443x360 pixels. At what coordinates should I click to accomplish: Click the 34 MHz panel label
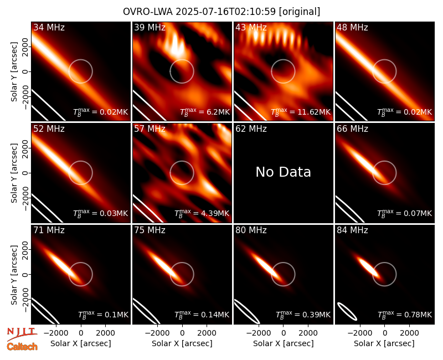[49, 27]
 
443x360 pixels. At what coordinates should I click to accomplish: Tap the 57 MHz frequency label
[150, 129]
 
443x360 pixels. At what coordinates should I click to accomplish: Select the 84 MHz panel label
[352, 230]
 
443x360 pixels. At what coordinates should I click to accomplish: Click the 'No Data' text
[284, 172]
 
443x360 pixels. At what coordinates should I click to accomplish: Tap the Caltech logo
[22, 347]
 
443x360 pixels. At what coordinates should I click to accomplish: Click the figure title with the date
[221, 12]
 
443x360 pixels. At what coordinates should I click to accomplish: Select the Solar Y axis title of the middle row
[14, 173]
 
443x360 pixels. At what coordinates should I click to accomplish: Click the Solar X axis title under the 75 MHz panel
[182, 343]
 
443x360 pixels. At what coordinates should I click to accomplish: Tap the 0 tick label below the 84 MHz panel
[384, 333]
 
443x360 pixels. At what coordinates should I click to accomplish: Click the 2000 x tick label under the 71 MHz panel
[105, 333]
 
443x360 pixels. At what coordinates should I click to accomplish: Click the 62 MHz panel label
[251, 129]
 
